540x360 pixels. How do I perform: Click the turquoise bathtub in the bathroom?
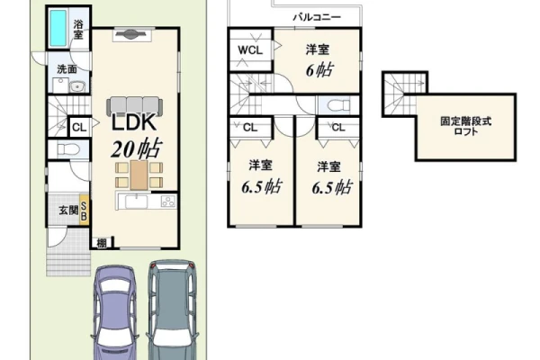tap(58, 28)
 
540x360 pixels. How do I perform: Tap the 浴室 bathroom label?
tap(78, 30)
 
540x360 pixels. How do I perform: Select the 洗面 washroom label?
tap(67, 69)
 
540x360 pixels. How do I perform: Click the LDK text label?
tap(134, 122)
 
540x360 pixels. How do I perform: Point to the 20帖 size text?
tap(136, 148)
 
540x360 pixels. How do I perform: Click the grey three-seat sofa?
tap(135, 106)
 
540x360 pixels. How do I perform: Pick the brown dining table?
tap(139, 175)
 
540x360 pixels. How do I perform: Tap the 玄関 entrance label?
tap(69, 210)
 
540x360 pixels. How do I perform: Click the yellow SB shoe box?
tap(84, 211)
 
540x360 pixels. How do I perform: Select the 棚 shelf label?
tap(102, 243)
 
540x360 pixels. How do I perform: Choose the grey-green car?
tap(173, 310)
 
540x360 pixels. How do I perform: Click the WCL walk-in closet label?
tap(250, 50)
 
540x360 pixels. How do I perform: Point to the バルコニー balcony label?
tap(317, 17)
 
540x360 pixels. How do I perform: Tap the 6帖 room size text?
tap(319, 70)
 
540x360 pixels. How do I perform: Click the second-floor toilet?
tap(338, 104)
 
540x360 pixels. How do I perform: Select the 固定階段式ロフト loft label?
tap(466, 126)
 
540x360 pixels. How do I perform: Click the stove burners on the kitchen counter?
tap(168, 202)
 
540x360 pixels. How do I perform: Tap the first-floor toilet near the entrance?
tap(68, 149)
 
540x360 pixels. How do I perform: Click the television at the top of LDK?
tap(131, 34)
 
